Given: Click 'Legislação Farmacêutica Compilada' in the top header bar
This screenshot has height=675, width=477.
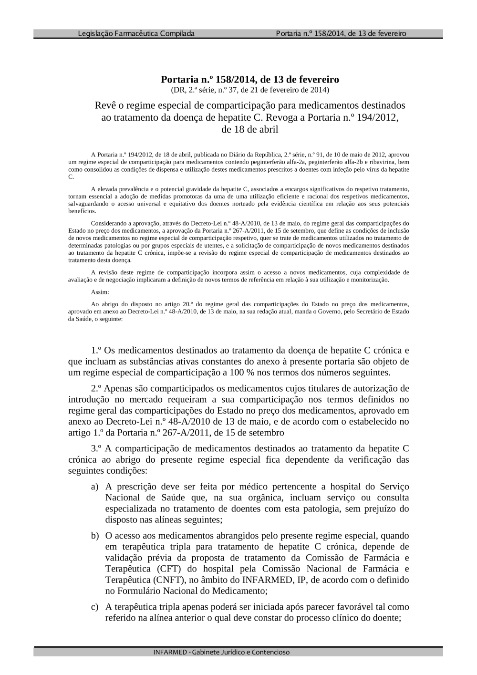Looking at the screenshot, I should click(136, 33).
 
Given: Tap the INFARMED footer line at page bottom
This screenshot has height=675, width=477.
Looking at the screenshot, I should click(221, 652).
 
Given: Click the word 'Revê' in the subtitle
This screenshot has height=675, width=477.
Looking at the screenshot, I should click(105, 105).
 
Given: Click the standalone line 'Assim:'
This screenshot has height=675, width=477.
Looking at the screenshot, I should click(100, 292).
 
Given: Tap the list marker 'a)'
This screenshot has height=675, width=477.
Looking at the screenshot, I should click(95, 487).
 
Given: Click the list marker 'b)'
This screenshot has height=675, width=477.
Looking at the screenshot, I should click(95, 536).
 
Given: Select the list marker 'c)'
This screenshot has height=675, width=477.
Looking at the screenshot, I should click(95, 607).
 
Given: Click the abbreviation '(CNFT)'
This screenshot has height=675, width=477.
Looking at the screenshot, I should click(169, 580).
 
